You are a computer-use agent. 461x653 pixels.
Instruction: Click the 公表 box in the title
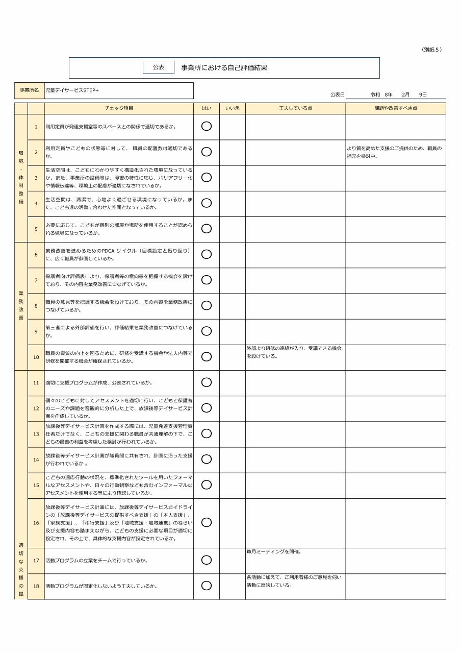pyautogui.click(x=159, y=67)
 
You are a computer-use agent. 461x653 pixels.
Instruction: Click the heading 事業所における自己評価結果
pyautogui.click(x=224, y=67)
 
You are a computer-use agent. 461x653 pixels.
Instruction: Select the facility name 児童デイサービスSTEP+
pyautogui.click(x=72, y=90)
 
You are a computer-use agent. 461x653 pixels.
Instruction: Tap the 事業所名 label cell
pyautogui.click(x=29, y=90)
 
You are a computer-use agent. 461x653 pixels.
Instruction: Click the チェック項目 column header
pyautogui.click(x=119, y=108)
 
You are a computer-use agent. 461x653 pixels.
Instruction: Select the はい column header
pyautogui.click(x=207, y=108)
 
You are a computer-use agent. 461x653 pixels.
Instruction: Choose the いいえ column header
pyautogui.click(x=233, y=108)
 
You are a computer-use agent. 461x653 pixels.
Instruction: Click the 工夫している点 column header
pyautogui.click(x=295, y=108)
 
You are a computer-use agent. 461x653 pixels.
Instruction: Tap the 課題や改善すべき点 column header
pyautogui.click(x=396, y=108)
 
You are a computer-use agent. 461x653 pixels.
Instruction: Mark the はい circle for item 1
pyautogui.click(x=207, y=127)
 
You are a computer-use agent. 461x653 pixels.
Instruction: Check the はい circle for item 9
pyautogui.click(x=207, y=331)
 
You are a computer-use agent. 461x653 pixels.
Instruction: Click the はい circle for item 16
pyautogui.click(x=207, y=523)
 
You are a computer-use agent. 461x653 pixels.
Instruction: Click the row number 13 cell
pyautogui.click(x=36, y=434)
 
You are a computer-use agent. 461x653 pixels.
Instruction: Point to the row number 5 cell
pyautogui.click(x=36, y=229)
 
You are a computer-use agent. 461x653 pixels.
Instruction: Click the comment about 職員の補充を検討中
pyautogui.click(x=394, y=152)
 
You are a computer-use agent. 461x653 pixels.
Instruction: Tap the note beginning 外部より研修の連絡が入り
pyautogui.click(x=294, y=352)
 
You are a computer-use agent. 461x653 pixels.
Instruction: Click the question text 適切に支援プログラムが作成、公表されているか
pyautogui.click(x=99, y=383)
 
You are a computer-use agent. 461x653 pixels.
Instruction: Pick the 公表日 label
pyautogui.click(x=338, y=94)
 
